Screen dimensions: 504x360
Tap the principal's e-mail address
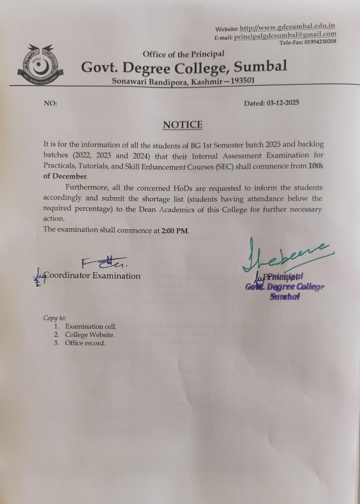(x=285, y=35)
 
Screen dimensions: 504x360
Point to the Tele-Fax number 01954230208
(x=320, y=42)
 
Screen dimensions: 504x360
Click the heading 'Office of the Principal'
(x=183, y=54)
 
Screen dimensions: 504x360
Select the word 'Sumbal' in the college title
(x=260, y=66)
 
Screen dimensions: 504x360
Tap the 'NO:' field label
(x=50, y=104)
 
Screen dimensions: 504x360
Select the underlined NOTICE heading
(x=183, y=125)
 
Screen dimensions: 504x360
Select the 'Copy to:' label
(x=55, y=318)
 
